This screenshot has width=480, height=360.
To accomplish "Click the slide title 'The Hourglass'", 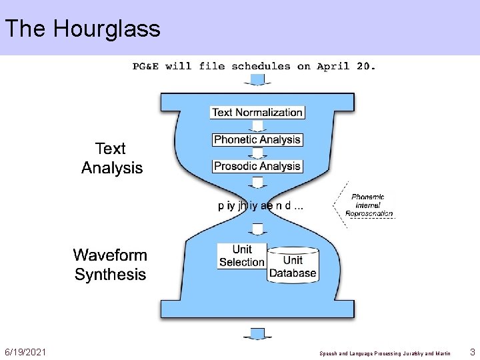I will pyautogui.click(x=83, y=29).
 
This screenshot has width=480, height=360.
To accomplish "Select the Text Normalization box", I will pyautogui.click(x=257, y=112).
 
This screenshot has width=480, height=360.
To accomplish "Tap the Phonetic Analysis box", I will pyautogui.click(x=257, y=139).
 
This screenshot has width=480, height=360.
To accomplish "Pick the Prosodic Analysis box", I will pyautogui.click(x=257, y=165).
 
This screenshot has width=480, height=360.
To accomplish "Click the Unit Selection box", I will pyautogui.click(x=241, y=256).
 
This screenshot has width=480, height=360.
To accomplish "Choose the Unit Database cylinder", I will pyautogui.click(x=293, y=265).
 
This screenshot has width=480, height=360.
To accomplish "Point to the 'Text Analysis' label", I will pyautogui.click(x=112, y=158).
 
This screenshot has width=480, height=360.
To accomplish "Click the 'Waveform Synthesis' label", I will pyautogui.click(x=110, y=265).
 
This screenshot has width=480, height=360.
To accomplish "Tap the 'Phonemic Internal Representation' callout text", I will pyautogui.click(x=369, y=205).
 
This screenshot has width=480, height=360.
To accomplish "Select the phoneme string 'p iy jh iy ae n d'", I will pyautogui.click(x=260, y=205).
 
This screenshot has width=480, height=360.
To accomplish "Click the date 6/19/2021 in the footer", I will pyautogui.click(x=25, y=351).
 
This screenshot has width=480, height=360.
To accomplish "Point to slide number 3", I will pyautogui.click(x=471, y=351).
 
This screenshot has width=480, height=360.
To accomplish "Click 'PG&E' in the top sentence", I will pyautogui.click(x=146, y=66).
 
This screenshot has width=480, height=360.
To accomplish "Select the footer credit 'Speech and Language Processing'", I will pyautogui.click(x=360, y=353).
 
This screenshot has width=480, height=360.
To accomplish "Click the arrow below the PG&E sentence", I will pyautogui.click(x=257, y=79).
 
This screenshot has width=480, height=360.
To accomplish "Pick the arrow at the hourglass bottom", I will pyautogui.click(x=257, y=333).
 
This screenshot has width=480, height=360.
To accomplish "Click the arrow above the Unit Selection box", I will pyautogui.click(x=257, y=229).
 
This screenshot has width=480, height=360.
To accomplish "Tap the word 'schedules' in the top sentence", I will pyautogui.click(x=261, y=66).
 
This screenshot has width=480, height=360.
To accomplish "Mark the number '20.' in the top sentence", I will pyautogui.click(x=365, y=66).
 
